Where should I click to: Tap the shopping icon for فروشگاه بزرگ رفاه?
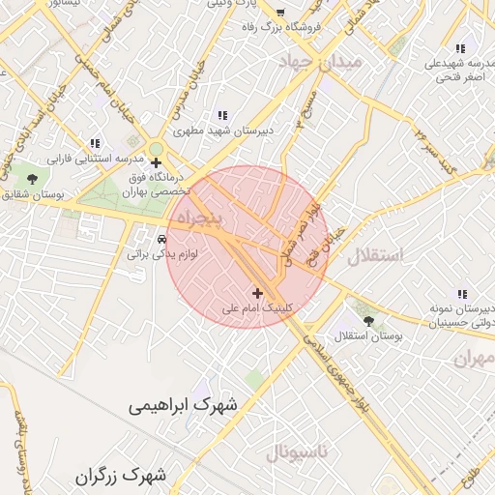(x=280, y=14)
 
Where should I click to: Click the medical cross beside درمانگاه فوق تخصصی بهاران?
(x=156, y=162)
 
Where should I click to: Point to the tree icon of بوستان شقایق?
(x=33, y=180)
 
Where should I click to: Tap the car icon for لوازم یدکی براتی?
(x=161, y=239)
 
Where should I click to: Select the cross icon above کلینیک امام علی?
(x=257, y=293)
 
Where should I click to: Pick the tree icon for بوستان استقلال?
(x=367, y=320)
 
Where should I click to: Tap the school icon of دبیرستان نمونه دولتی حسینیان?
(x=461, y=294)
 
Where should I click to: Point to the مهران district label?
(x=473, y=358)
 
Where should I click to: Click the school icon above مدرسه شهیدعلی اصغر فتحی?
(x=460, y=48)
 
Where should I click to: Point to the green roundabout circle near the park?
(x=156, y=148)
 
